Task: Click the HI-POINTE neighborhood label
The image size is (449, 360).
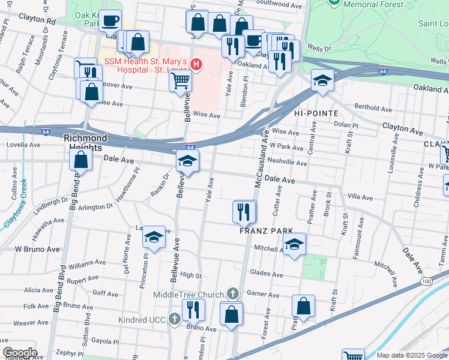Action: [316, 113]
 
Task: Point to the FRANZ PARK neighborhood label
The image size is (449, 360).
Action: [266, 230]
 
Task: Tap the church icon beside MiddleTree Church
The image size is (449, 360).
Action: [233, 294]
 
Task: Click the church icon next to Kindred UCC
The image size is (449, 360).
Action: [175, 319]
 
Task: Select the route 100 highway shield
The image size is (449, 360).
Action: [427, 281]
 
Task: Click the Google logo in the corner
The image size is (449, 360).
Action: [20, 353]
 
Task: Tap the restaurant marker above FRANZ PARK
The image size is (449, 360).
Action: [244, 211]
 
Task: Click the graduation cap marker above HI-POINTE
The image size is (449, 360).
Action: [322, 80]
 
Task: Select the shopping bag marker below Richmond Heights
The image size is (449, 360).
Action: [80, 160]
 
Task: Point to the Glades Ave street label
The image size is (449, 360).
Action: [267, 274]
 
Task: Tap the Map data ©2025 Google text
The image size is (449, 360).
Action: [412, 355]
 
